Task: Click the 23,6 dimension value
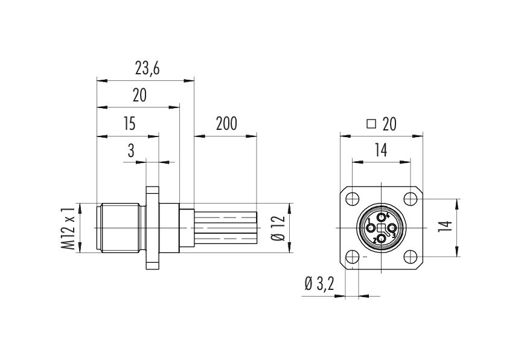pos(147,69)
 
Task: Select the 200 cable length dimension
pos(226,124)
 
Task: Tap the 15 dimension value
pos(130,124)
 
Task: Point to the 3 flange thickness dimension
pos(131,150)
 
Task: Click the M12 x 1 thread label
pos(68,228)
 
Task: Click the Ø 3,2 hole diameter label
pos(319,284)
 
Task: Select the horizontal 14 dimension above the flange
pos(381,150)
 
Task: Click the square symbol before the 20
pos(371,124)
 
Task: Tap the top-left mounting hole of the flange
pos(352,199)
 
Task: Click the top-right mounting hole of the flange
pos(411,199)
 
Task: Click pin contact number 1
pos(371,228)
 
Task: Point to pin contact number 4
pos(382,217)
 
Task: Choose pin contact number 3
pos(392,228)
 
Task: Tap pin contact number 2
pos(382,239)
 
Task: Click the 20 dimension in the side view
pos(139,95)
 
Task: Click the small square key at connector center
pos(382,228)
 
